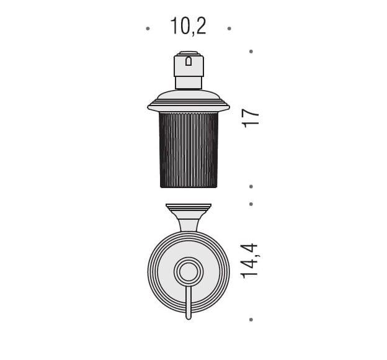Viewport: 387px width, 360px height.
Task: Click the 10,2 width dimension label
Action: [x=188, y=26]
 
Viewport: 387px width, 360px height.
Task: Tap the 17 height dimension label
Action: [x=251, y=119]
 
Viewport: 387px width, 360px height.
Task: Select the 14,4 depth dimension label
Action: [x=249, y=261]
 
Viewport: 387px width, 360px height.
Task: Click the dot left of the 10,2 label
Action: [x=148, y=29]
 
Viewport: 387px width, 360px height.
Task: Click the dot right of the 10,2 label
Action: [x=229, y=29]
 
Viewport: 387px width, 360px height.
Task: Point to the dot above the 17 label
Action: [x=251, y=52]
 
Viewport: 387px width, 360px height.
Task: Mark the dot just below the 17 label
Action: [x=251, y=187]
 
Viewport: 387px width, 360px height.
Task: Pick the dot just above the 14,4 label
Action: [x=251, y=204]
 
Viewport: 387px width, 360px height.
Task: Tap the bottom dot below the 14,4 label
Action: [x=251, y=320]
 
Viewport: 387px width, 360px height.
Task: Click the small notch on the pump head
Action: [x=189, y=61]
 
